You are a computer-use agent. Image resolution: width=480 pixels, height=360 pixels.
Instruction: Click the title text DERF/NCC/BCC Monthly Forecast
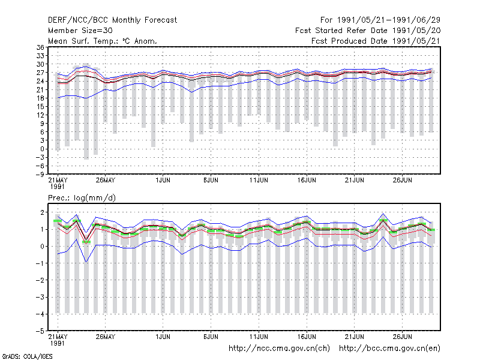point(112,20)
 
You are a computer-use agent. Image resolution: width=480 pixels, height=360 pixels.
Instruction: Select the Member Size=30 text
point(80,31)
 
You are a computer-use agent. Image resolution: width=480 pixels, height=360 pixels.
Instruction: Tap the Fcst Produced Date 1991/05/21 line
point(376,41)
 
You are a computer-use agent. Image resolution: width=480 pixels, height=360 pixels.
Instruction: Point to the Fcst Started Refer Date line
point(368,31)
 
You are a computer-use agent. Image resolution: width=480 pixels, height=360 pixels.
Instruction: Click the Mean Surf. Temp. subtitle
point(102,41)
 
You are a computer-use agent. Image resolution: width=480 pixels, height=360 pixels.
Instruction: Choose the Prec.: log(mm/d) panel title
point(82,198)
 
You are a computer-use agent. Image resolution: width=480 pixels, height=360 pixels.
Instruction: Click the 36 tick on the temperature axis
point(40,47)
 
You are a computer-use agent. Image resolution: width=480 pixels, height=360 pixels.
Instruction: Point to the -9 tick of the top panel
point(40,174)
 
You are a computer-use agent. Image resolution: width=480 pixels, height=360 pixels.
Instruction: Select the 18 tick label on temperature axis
point(40,98)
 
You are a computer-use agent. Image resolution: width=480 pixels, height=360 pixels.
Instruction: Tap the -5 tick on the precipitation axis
point(40,331)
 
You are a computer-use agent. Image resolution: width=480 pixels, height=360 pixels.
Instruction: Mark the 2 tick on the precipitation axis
point(43,212)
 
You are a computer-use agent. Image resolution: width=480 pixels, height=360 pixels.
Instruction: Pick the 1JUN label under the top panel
point(163,180)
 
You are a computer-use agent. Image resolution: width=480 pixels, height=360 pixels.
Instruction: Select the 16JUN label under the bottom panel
point(307,337)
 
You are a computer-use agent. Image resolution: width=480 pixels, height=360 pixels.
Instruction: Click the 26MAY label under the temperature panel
point(106,180)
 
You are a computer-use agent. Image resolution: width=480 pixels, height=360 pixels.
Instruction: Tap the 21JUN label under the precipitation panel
point(355,337)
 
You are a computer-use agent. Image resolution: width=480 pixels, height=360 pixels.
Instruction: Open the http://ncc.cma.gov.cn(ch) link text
point(279,349)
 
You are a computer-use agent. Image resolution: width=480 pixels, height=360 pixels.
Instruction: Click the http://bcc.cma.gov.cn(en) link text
point(389,349)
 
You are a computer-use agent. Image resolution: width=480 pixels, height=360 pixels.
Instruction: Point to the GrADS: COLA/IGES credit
point(27,356)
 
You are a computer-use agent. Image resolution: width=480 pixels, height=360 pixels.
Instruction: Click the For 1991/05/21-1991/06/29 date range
point(380,20)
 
